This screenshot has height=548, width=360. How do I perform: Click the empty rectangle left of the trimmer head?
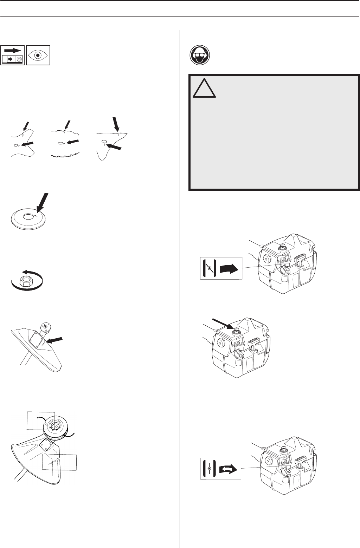41,420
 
